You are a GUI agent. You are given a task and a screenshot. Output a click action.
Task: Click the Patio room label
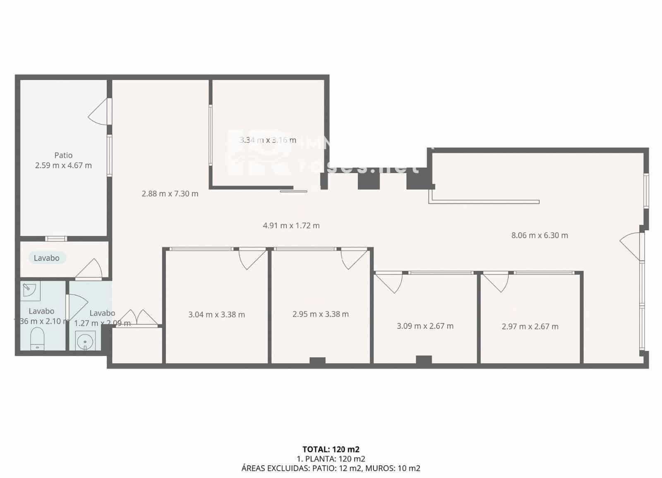(x=63, y=155)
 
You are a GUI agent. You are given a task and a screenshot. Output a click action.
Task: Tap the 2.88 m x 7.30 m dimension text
(x=170, y=194)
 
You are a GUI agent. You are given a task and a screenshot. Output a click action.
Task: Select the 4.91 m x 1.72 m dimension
(x=291, y=225)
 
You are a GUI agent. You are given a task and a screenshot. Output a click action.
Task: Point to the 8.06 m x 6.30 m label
(x=540, y=235)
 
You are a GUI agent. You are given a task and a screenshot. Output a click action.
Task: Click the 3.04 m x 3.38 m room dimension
(x=216, y=315)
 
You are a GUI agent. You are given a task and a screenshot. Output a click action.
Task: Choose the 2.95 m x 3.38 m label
(x=320, y=314)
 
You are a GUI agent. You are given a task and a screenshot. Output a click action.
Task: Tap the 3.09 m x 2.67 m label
(x=425, y=326)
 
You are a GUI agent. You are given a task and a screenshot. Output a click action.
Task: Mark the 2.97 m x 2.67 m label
(x=530, y=326)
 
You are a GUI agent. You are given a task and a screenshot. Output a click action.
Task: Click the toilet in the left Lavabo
(x=37, y=338)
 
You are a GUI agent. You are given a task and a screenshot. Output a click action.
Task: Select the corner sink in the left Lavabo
(x=29, y=289)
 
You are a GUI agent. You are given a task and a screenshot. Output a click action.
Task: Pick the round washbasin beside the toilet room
(x=85, y=341)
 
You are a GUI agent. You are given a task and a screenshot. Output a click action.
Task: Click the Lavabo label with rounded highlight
(x=47, y=258)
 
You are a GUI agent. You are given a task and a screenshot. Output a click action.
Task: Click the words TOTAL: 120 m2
(x=331, y=449)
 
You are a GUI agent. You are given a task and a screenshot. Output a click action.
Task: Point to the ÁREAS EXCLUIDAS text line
(x=331, y=468)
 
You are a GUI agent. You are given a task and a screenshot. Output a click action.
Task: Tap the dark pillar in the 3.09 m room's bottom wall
(x=424, y=360)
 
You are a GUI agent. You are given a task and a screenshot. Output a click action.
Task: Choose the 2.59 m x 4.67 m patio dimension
(x=63, y=165)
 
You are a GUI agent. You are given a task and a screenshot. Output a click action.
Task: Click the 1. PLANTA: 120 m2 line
(x=331, y=459)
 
